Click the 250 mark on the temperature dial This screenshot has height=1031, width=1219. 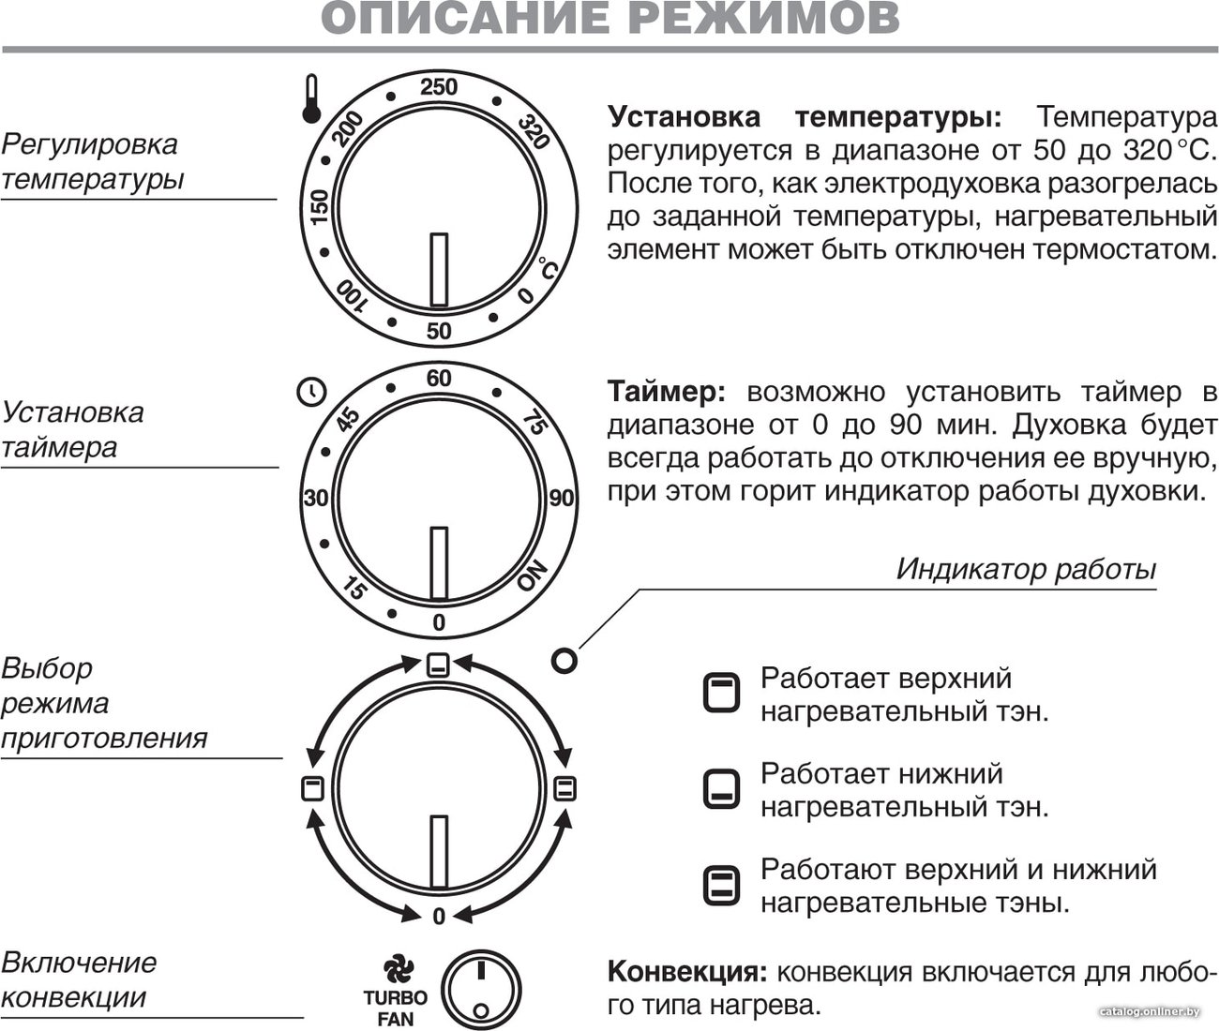(439, 86)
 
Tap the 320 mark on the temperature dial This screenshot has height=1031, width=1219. (534, 132)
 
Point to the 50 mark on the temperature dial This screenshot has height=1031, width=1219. (439, 331)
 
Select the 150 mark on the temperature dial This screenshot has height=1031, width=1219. (319, 206)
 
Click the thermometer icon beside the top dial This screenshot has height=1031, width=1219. (311, 99)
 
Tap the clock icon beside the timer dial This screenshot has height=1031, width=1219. (310, 392)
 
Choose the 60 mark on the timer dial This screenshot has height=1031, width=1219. (439, 378)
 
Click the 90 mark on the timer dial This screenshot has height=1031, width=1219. (561, 499)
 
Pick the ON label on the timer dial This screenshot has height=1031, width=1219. (533, 575)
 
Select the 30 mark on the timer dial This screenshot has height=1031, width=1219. (315, 499)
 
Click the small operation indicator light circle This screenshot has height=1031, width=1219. (564, 661)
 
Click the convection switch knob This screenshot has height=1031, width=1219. (481, 991)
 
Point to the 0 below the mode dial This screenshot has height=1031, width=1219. (439, 917)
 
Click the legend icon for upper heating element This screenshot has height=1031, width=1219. (721, 692)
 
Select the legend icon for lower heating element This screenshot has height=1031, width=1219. (721, 789)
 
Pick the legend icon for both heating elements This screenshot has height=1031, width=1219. (721, 886)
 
